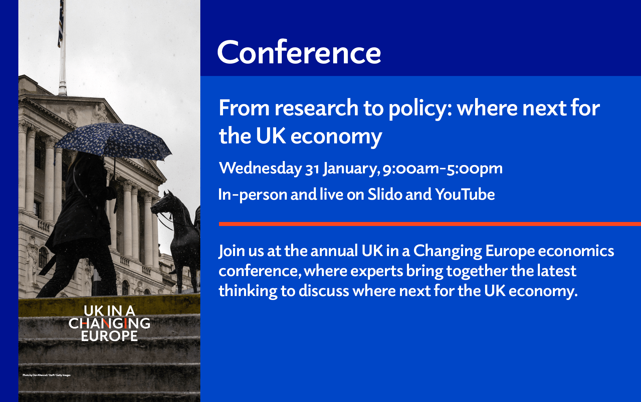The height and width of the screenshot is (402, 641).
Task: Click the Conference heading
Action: [x=299, y=52]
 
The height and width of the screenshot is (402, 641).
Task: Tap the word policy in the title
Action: [x=420, y=109]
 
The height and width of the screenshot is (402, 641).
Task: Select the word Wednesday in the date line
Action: [x=260, y=168]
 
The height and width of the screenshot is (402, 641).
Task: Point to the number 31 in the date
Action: [x=312, y=169]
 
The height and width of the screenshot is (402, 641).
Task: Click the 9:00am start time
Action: [x=411, y=169]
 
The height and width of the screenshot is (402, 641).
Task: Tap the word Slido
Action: [x=385, y=194]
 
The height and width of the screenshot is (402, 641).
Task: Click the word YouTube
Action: [x=465, y=194]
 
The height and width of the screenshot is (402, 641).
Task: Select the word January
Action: [x=351, y=169]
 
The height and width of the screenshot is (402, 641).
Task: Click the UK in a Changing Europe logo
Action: [x=110, y=323]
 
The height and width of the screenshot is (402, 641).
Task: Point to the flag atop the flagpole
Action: [x=61, y=23]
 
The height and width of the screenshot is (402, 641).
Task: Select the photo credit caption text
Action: [x=46, y=375]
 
